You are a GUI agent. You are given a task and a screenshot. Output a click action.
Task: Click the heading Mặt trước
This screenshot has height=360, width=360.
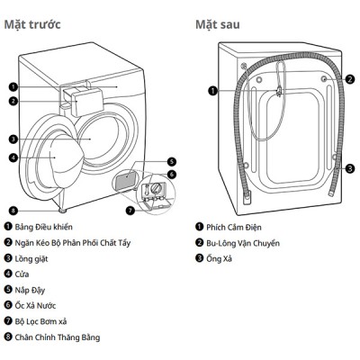32,24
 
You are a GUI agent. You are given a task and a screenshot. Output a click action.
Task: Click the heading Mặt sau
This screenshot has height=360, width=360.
218,24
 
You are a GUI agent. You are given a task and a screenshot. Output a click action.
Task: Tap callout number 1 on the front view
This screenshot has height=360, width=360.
13,87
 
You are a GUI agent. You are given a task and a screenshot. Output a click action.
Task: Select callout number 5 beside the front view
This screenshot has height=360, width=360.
172,162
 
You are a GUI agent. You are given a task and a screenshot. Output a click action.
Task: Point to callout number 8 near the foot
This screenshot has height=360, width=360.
13,211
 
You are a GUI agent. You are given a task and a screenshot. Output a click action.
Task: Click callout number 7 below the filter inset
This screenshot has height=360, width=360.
130,211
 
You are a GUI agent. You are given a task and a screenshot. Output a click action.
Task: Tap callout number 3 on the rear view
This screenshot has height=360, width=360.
350,168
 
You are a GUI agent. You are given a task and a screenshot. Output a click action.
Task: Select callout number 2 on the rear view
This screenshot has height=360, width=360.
350,79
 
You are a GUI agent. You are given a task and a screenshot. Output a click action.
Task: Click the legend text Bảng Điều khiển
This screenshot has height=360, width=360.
44,227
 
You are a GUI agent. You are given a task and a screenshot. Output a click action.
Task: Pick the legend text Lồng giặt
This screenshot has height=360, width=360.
31,258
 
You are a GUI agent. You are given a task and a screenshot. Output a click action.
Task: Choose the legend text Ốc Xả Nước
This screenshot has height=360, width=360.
35,305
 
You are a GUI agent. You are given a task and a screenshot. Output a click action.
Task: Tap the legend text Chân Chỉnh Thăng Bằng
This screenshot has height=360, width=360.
58,337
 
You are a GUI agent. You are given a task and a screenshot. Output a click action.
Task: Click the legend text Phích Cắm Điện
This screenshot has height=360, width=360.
234,227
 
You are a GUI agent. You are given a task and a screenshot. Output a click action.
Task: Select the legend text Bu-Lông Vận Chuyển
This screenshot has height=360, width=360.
243,243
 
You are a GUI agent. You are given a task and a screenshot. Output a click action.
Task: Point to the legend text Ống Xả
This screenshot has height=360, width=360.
219,258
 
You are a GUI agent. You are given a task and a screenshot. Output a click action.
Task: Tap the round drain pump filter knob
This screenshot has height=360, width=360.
156,188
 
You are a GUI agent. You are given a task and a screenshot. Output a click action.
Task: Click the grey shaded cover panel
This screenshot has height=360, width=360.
126,179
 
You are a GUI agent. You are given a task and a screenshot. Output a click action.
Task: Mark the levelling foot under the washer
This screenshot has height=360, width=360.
62,211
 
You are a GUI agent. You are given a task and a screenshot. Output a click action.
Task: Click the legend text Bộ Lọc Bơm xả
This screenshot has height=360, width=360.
40,321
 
